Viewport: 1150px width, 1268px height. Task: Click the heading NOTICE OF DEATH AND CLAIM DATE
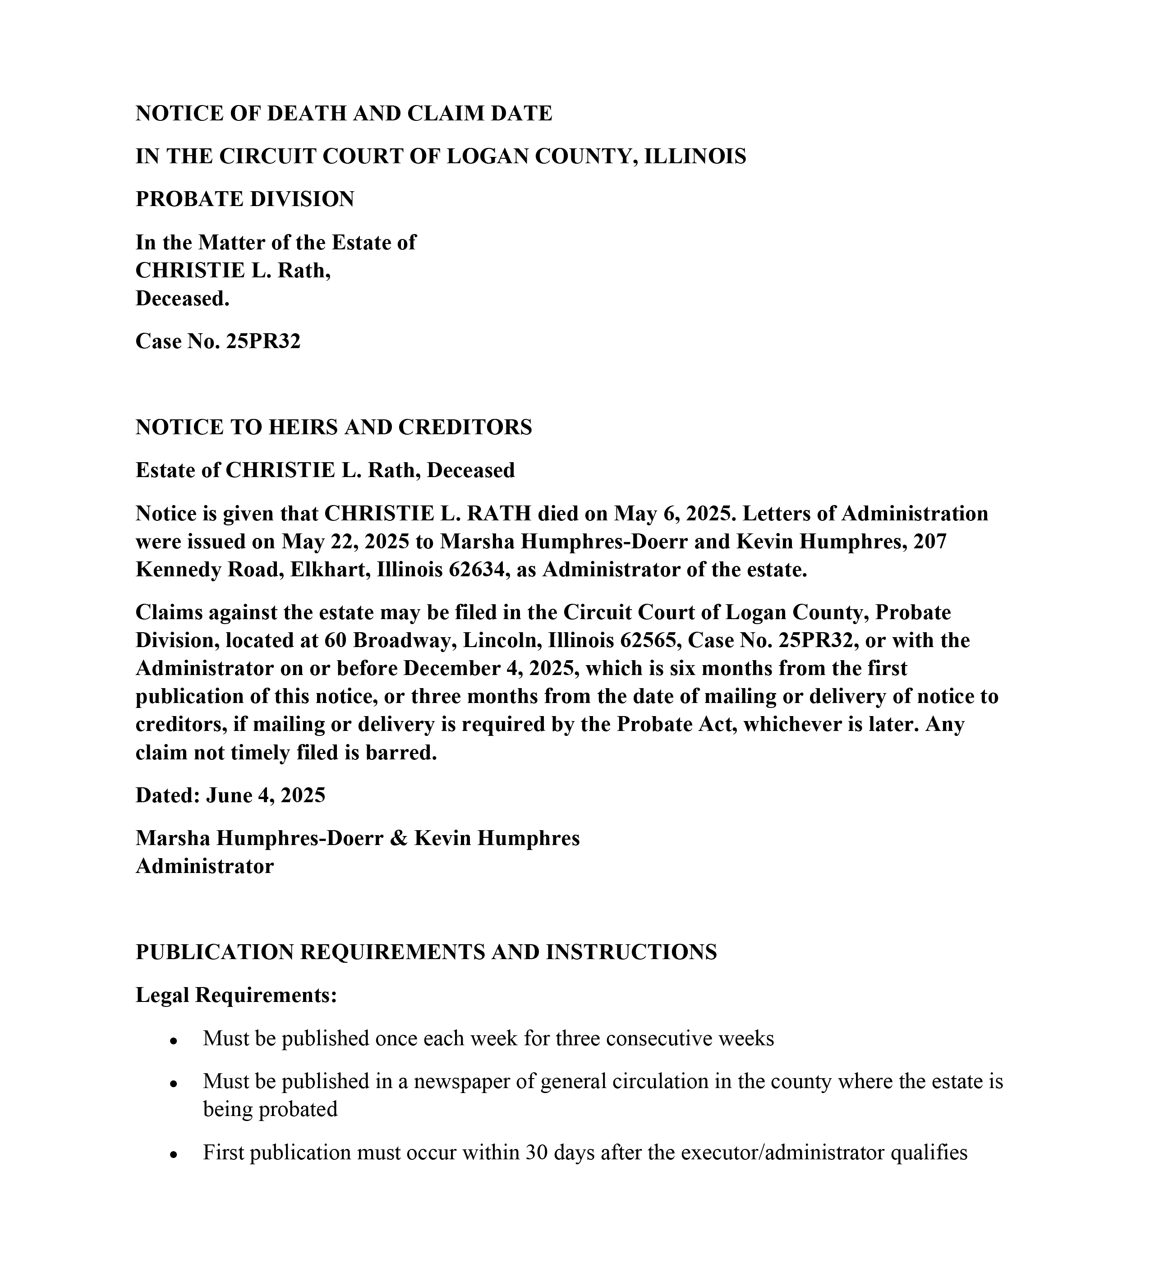tap(344, 113)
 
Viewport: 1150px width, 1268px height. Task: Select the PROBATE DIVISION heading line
tap(245, 199)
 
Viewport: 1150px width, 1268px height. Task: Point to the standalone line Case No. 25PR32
tap(218, 341)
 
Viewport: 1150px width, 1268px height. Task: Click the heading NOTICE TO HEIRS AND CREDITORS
tap(333, 427)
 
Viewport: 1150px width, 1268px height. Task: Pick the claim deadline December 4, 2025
tap(491, 668)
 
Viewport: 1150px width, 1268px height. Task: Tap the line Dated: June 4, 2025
tap(230, 795)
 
